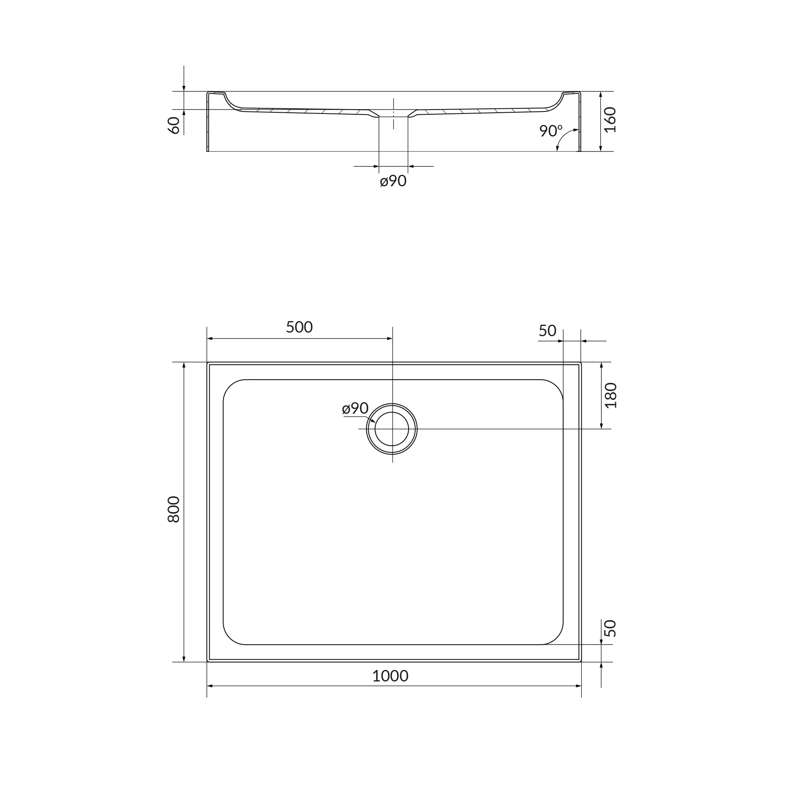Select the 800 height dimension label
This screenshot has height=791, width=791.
[x=174, y=509]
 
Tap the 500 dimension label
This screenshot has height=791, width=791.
[x=299, y=327]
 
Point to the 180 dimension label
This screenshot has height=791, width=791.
[x=610, y=395]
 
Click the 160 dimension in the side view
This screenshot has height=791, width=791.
[x=610, y=120]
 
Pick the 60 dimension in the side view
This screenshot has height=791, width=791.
[x=174, y=125]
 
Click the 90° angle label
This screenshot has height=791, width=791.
[x=551, y=131]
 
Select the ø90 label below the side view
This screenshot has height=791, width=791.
[x=393, y=181]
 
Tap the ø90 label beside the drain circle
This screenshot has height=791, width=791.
[x=356, y=408]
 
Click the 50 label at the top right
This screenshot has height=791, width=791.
[x=547, y=331]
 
